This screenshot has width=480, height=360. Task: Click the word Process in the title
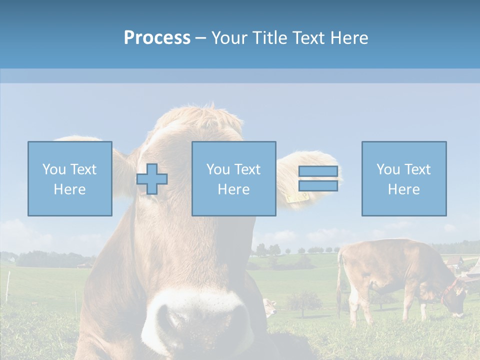click(157, 38)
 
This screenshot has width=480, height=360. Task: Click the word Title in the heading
click(269, 38)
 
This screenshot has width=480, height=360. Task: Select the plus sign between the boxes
click(152, 179)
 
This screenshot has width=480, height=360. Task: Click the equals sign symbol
click(318, 178)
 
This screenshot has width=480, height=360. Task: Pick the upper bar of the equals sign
click(318, 171)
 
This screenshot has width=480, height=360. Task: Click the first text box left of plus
click(70, 178)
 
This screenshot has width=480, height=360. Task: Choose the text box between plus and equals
click(233, 178)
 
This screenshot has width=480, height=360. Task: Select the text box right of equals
click(404, 178)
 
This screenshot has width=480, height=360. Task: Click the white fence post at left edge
click(8, 287)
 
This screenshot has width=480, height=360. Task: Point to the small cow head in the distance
click(270, 306)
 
